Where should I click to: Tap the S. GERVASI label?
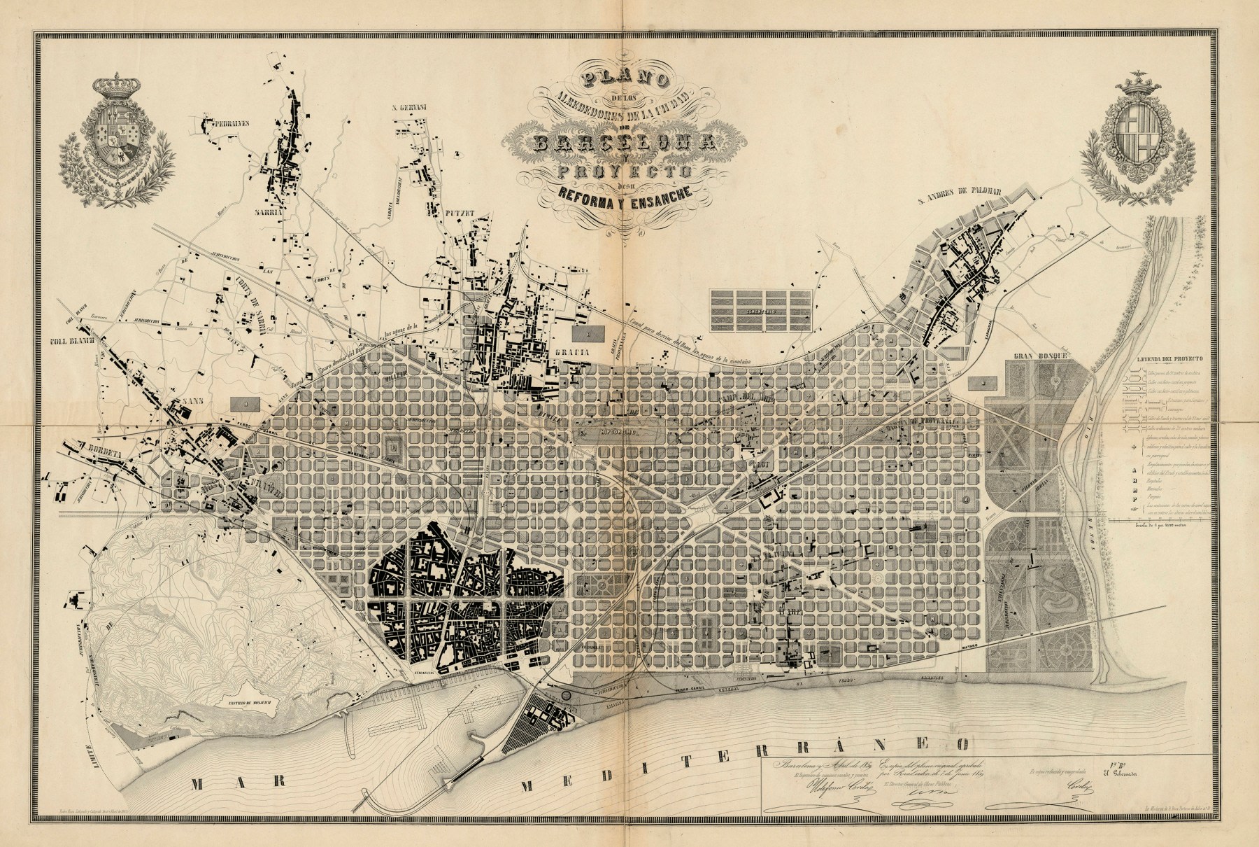click(x=409, y=108)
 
